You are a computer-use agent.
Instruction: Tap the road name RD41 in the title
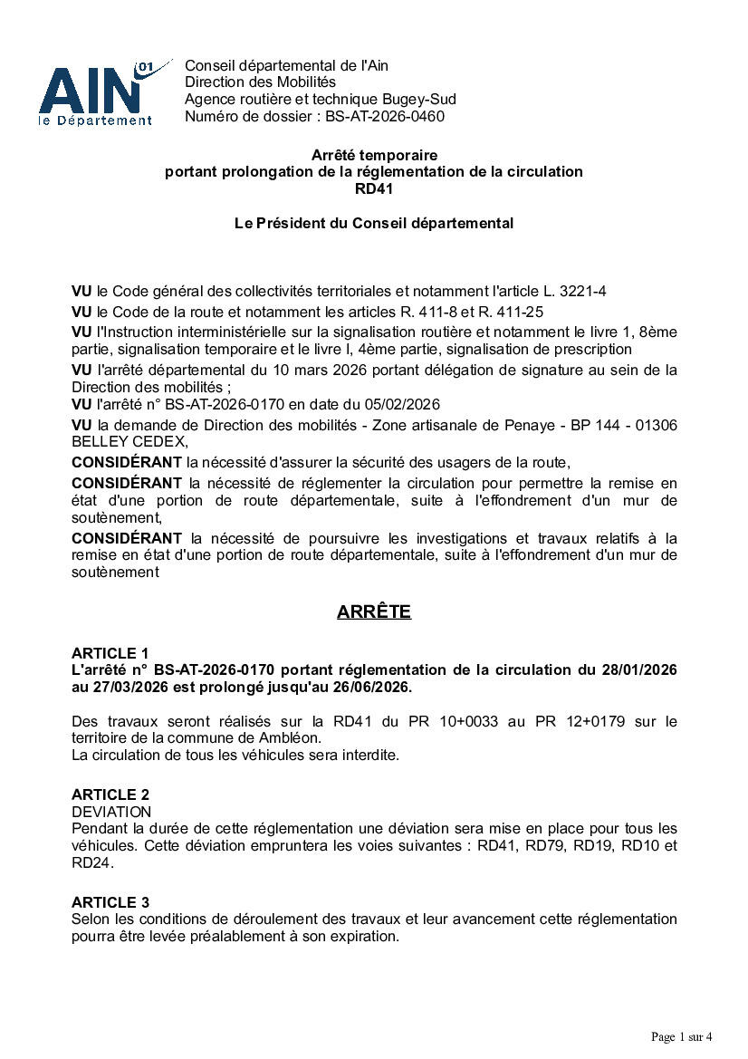point(373,188)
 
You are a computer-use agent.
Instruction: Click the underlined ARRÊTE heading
point(373,612)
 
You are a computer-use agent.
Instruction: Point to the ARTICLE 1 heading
point(110,653)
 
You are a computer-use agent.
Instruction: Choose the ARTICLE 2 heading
point(110,794)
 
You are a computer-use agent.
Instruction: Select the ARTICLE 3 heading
point(110,902)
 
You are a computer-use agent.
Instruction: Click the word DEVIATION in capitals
point(110,812)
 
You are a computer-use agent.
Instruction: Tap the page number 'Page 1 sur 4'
point(682,1036)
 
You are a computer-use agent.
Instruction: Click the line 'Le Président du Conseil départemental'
point(373,223)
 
